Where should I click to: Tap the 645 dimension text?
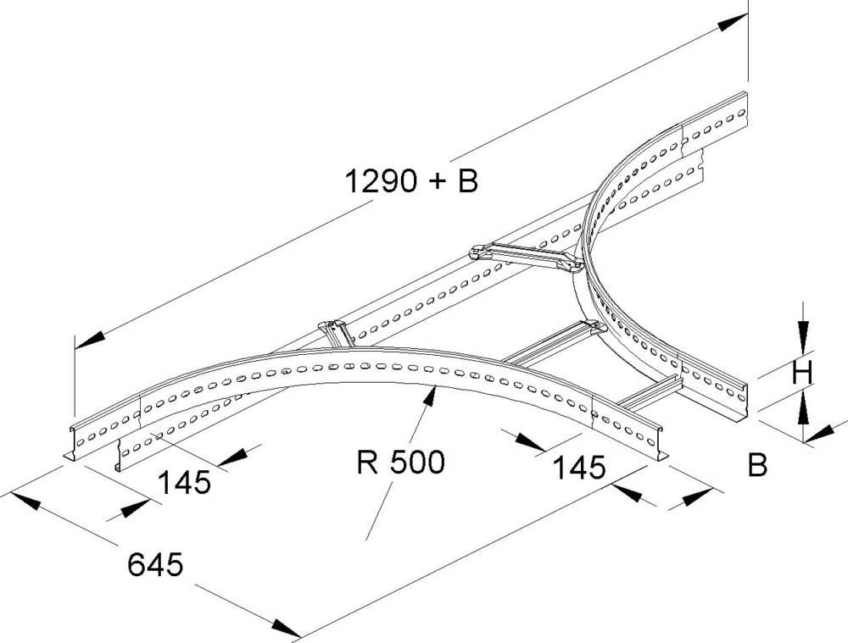[155, 563]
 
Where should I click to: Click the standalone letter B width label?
[757, 465]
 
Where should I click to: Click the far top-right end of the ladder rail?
[745, 105]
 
